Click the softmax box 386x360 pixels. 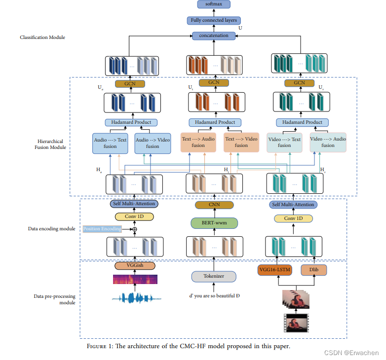point(214,5)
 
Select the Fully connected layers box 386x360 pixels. point(214,21)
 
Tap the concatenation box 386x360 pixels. point(214,36)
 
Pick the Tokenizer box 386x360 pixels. point(213,276)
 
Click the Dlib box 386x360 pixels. point(313,270)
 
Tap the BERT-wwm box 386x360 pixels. point(214,223)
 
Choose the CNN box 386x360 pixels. point(214,205)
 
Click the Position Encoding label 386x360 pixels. point(102,229)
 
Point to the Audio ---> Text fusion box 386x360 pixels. point(110,143)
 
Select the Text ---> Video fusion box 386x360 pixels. point(241,142)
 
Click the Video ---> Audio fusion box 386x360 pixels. point(328,142)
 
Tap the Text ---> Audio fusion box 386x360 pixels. point(198,142)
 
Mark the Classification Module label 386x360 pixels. point(42,37)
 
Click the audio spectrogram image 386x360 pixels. point(135,280)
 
